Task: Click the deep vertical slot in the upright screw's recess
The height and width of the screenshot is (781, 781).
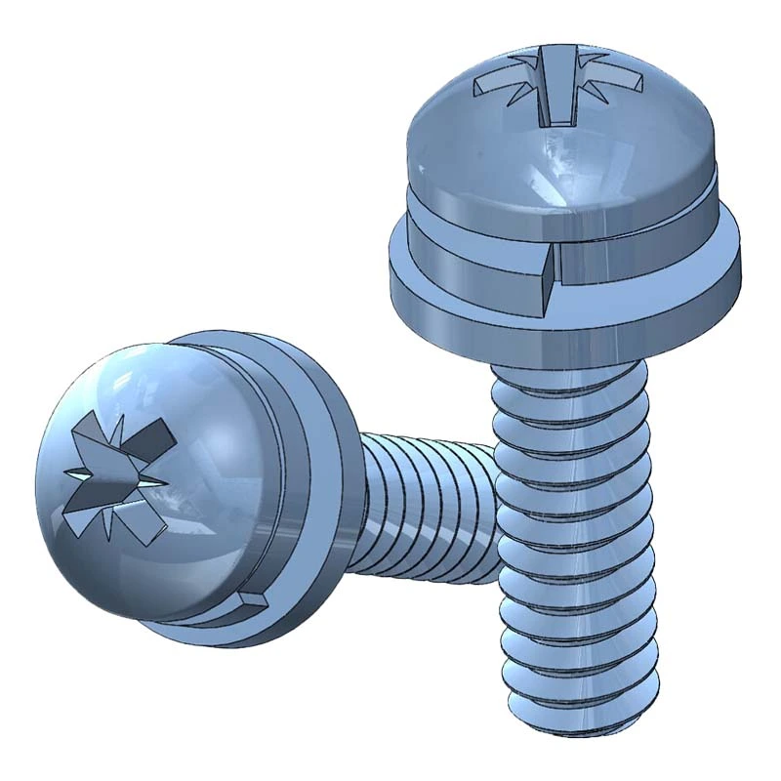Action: coord(557,98)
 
